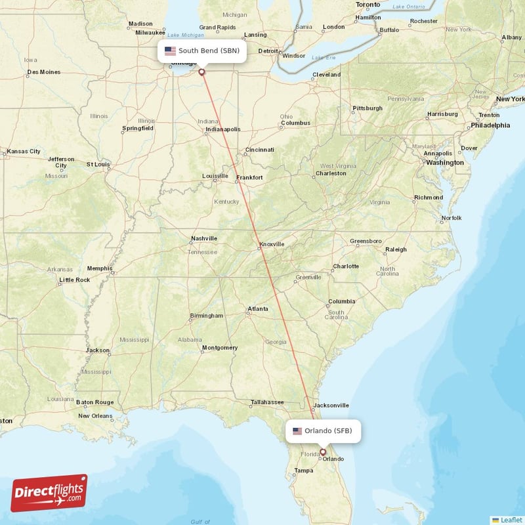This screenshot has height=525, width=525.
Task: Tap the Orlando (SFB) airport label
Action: point(324,431)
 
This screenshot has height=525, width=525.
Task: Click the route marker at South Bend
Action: point(201,72)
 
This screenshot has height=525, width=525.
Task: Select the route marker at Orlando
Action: point(322,451)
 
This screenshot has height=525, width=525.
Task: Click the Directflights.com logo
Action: point(49,493)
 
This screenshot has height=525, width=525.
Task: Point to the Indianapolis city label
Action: point(223,129)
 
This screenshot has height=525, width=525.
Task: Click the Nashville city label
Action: point(203,238)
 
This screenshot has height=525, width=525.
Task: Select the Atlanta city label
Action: point(257,309)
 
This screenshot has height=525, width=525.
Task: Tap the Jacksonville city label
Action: point(331,406)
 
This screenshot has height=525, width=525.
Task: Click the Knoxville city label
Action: point(272,244)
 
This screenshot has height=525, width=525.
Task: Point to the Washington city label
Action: point(444,163)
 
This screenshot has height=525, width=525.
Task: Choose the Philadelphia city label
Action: point(490,125)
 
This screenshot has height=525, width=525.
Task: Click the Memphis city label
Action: point(100,268)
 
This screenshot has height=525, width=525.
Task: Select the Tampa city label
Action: point(304,471)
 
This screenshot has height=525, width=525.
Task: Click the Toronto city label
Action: point(367,5)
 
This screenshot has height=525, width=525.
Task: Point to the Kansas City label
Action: point(24,152)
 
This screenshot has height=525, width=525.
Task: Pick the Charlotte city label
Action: point(346,266)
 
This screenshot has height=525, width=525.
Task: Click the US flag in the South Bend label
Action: point(170,51)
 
